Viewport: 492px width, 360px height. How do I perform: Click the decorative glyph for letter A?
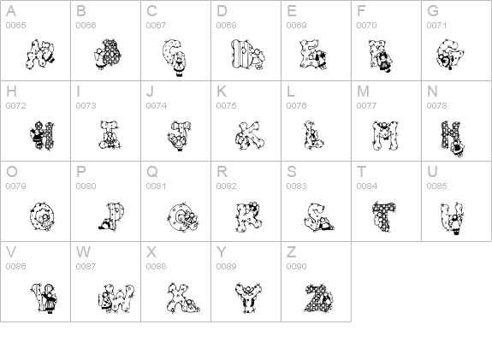[x=36, y=56]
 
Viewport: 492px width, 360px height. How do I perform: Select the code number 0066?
[x=86, y=26]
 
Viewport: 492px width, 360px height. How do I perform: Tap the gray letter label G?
[x=433, y=11]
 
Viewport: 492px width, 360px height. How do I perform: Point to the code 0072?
[x=15, y=106]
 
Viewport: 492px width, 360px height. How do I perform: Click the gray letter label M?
[x=363, y=91]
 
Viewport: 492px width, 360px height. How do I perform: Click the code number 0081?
[x=156, y=186]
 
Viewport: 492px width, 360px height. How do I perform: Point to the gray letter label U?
[x=432, y=171]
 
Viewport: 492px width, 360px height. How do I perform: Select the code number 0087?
[x=86, y=266]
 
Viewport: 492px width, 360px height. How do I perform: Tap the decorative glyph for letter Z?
[x=317, y=295]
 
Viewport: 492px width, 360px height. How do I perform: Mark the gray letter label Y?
[x=222, y=251]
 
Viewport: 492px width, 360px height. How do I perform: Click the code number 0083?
[x=296, y=186]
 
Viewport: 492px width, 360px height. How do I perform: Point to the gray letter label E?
[x=291, y=11]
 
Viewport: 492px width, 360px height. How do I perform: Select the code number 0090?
[x=296, y=266]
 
